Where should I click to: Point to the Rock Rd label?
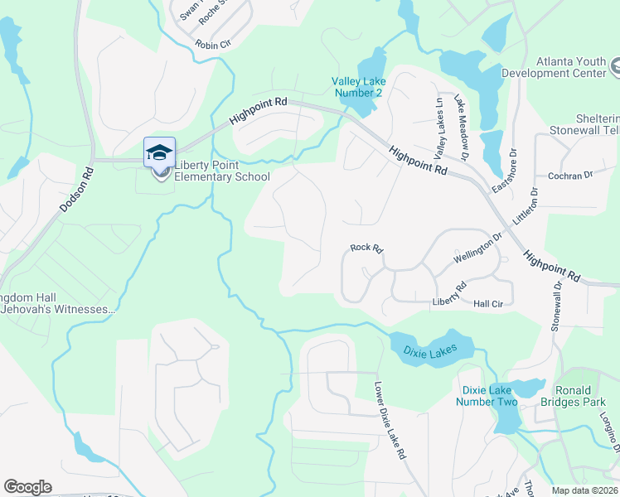[x=365, y=248]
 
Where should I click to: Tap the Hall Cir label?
[x=489, y=305]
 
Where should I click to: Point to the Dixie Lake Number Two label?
[x=487, y=396]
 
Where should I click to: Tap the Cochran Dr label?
[x=571, y=176]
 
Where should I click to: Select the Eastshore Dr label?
[x=504, y=171]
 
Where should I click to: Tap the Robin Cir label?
[x=213, y=45]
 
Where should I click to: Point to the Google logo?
[x=27, y=487]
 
